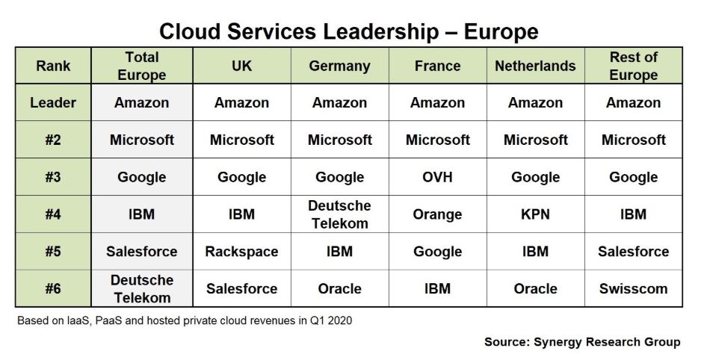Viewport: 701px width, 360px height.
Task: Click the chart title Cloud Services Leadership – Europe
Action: tap(349, 31)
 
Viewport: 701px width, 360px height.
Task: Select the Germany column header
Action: tap(340, 66)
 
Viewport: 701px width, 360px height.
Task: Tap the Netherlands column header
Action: tap(535, 66)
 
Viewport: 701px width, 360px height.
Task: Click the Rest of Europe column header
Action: tap(633, 66)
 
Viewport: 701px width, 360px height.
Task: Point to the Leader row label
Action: tap(53, 103)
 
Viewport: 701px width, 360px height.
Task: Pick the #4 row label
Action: tap(53, 214)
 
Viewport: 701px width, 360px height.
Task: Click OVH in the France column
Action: tap(437, 177)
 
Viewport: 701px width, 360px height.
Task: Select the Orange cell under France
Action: tap(437, 214)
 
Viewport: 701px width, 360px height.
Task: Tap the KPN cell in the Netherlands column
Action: tap(535, 214)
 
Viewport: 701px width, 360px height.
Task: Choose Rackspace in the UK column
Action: tap(241, 251)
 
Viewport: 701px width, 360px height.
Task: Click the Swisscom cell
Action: tap(633, 288)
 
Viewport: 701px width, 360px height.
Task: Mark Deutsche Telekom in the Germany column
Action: tap(340, 214)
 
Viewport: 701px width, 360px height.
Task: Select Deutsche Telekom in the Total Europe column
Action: tap(141, 288)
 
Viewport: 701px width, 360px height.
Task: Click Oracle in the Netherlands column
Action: tap(535, 288)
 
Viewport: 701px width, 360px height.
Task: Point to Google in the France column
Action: tap(437, 251)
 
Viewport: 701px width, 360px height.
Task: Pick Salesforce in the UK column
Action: tap(241, 288)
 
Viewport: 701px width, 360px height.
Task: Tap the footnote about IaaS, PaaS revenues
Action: tap(183, 320)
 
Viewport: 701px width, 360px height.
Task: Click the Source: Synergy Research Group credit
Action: tap(582, 342)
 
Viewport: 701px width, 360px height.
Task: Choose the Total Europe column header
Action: tap(141, 66)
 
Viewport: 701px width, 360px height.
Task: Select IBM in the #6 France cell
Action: tap(437, 288)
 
